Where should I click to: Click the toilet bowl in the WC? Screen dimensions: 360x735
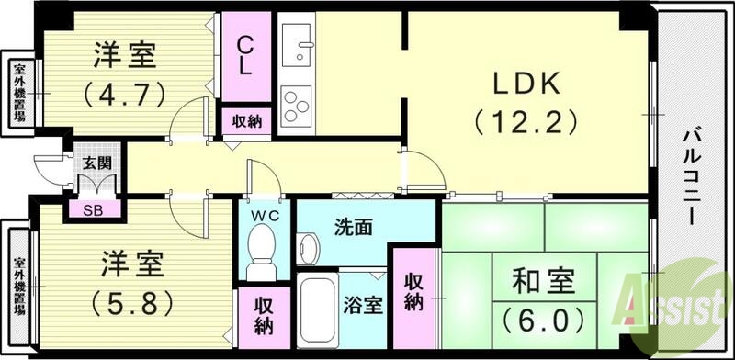262,252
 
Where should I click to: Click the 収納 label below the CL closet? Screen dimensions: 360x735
246,121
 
